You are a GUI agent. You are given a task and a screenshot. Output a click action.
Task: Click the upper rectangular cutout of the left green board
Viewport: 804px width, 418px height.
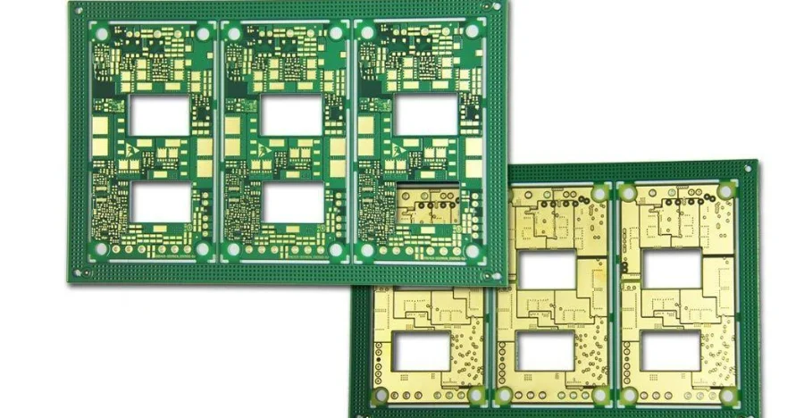[x=160, y=115]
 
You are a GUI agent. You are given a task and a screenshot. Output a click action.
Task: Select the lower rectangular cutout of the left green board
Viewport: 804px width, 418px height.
[x=160, y=203]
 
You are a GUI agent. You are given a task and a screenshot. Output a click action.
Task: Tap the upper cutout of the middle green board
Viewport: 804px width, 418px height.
[x=292, y=115]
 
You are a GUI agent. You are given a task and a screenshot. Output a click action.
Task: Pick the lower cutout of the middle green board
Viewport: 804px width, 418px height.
[x=292, y=203]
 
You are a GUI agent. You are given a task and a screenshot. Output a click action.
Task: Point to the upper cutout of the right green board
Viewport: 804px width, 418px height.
[x=426, y=115]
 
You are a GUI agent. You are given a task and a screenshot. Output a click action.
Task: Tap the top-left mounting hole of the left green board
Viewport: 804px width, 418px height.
[x=101, y=34]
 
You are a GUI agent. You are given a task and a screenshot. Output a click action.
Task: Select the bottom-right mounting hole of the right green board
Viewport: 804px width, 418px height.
[x=473, y=251]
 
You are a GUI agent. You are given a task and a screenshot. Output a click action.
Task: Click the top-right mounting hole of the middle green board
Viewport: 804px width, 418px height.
[x=336, y=34]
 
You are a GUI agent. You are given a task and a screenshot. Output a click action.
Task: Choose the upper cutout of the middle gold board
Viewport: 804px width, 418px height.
[x=548, y=270]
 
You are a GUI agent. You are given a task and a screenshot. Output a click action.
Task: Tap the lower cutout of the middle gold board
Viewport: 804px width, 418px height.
[x=548, y=352]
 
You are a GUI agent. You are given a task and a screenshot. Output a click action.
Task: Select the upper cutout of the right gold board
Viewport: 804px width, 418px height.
[x=673, y=269]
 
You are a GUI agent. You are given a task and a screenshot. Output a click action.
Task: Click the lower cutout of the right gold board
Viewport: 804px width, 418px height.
[x=673, y=352]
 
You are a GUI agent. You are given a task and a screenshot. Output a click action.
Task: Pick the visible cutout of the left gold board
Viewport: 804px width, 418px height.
[x=421, y=352]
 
